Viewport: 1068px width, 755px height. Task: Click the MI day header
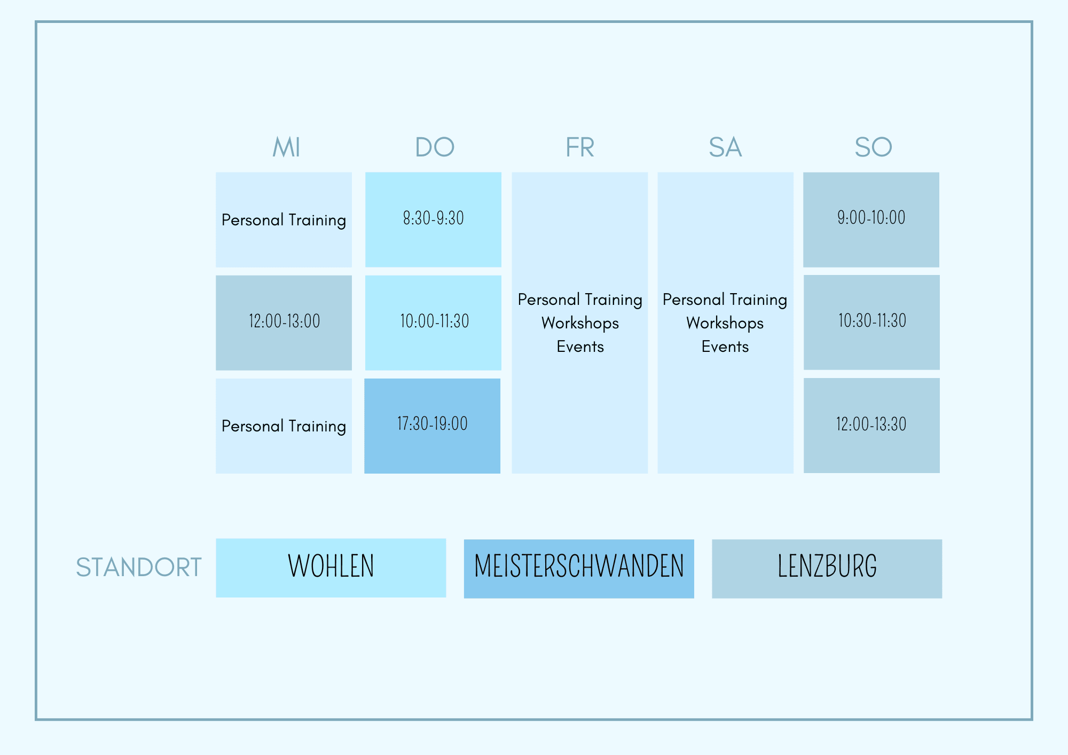coord(286,147)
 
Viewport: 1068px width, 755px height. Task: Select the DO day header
coord(435,147)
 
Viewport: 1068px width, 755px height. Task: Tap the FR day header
coord(580,147)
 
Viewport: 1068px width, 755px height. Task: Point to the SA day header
coord(725,147)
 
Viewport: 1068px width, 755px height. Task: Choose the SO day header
coord(873,147)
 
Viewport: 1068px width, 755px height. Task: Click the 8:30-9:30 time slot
coord(433,219)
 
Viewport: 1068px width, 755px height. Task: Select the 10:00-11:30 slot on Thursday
coord(433,323)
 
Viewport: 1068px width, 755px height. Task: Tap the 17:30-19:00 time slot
coord(432,426)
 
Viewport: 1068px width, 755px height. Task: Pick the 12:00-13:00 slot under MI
coord(284,323)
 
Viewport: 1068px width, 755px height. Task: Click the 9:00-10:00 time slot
coord(871,219)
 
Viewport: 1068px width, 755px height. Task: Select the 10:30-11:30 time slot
coord(871,322)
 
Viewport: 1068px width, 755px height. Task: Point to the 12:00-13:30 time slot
coord(871,425)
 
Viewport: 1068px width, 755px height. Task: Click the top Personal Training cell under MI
coord(284,219)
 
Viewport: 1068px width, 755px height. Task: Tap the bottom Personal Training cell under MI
coord(284,426)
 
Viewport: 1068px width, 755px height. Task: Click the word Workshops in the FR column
coord(580,323)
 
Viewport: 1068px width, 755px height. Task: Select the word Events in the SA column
coord(725,347)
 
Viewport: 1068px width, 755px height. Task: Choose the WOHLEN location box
coord(331,568)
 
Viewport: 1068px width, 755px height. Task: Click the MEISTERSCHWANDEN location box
coord(579,569)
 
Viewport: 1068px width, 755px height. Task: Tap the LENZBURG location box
coord(827,569)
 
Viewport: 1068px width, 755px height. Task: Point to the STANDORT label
coord(139,567)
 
